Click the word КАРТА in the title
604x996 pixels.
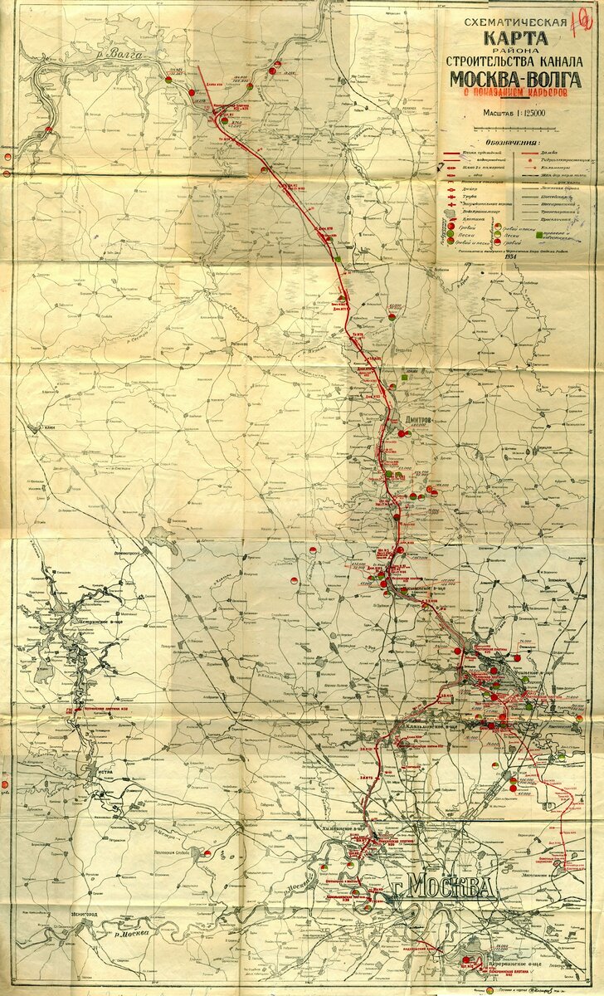(x=516, y=38)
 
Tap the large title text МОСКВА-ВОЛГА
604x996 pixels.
(x=515, y=79)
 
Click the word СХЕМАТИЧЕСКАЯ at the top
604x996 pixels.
(x=515, y=22)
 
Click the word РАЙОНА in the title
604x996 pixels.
(x=515, y=51)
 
